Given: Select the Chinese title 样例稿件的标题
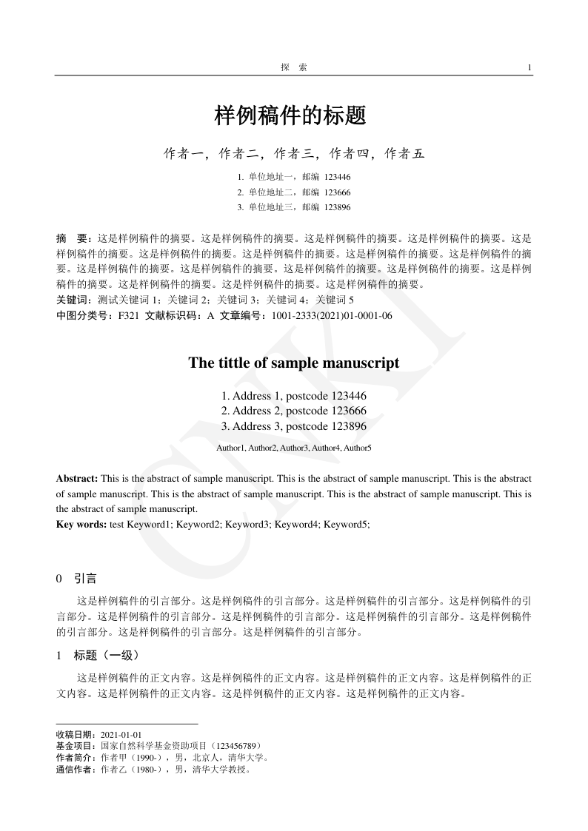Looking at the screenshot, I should click(290, 115).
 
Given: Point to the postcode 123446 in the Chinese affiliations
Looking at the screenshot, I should click(337, 177).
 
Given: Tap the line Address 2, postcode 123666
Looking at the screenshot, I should click(294, 411).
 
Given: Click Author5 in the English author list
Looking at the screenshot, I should click(358, 448).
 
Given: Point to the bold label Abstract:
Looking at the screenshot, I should click(77, 479).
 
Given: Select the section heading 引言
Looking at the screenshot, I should click(86, 578).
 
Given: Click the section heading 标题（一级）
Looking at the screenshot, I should click(106, 655).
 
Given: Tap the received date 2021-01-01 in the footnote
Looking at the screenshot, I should click(121, 735).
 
